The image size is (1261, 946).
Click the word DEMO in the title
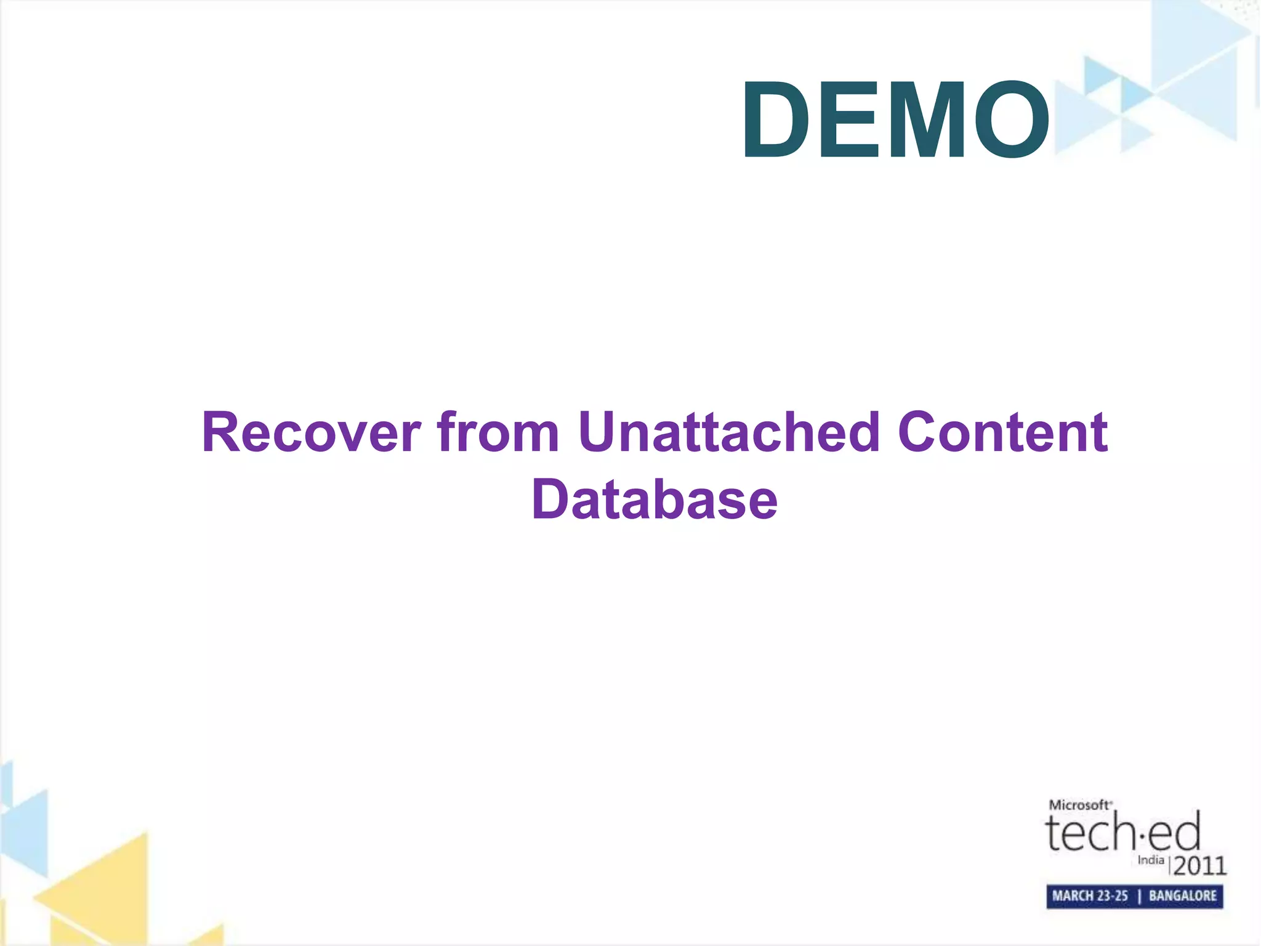click(x=896, y=119)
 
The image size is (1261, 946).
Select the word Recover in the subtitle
click(x=312, y=432)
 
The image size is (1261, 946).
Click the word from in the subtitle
click(x=498, y=432)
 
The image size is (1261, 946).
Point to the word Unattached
click(x=729, y=432)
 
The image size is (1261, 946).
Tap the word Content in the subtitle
click(x=1002, y=432)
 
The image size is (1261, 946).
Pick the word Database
click(x=655, y=499)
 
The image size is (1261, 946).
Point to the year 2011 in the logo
click(x=1200, y=866)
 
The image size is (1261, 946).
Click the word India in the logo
click(x=1151, y=860)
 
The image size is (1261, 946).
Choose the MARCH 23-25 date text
click(x=1090, y=896)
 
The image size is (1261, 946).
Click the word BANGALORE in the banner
click(x=1183, y=896)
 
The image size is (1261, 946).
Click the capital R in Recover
click(x=221, y=432)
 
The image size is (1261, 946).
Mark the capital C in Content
click(x=919, y=432)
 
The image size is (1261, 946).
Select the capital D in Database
click(x=550, y=499)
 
